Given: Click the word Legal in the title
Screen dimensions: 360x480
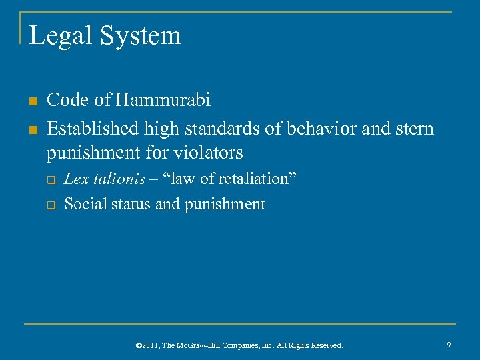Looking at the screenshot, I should (60, 36).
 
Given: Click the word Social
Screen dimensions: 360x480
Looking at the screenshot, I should (83, 204).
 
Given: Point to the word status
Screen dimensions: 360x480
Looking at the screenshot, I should (129, 204).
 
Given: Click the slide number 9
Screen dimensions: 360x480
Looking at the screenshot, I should (449, 344).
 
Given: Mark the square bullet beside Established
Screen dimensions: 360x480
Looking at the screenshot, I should (31, 129).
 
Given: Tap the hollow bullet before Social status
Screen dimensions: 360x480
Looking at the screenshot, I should (51, 205).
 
